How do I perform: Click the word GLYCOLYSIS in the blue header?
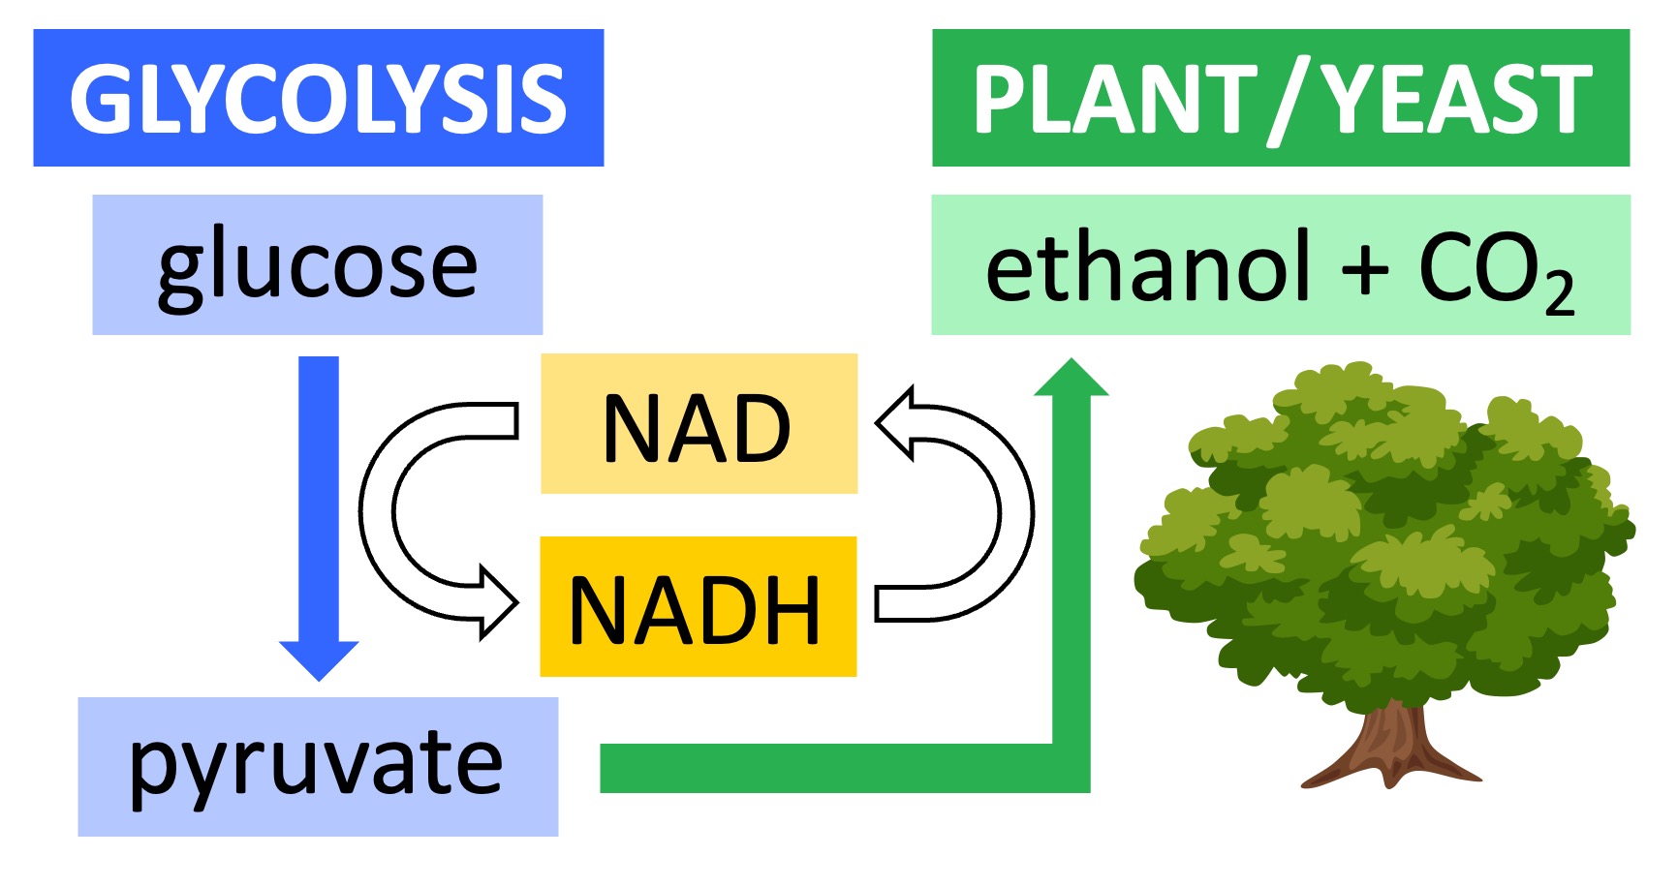(x=318, y=99)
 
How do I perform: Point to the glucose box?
(x=317, y=264)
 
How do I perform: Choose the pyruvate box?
(x=317, y=766)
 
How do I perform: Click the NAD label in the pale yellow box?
(x=698, y=428)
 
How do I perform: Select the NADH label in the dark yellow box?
(x=696, y=610)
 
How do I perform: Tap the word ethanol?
(x=1148, y=268)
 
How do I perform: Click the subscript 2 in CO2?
(x=1559, y=291)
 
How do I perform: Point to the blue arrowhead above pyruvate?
(x=319, y=659)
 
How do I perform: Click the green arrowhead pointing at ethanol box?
(x=1072, y=379)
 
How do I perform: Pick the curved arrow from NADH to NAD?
(x=1012, y=513)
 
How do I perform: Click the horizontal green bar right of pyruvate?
(x=823, y=768)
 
